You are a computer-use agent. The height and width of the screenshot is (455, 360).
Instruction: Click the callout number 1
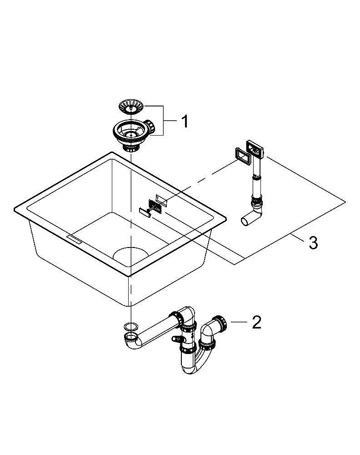tap(185, 121)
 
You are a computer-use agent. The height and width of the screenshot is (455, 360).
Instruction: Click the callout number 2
tap(256, 322)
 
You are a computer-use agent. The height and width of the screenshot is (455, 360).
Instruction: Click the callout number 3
tap(313, 243)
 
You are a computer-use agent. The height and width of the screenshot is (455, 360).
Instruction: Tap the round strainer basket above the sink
tap(131, 106)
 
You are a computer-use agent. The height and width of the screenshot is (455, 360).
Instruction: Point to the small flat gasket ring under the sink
tap(131, 326)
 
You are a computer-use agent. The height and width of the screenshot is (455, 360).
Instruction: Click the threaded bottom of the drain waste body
tap(130, 148)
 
